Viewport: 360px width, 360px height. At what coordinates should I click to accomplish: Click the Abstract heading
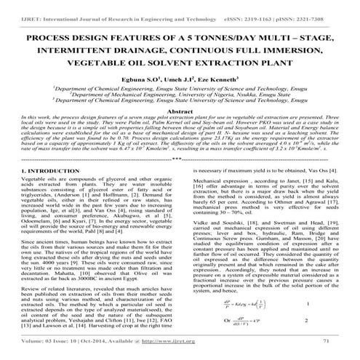click(x=180, y=113)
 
